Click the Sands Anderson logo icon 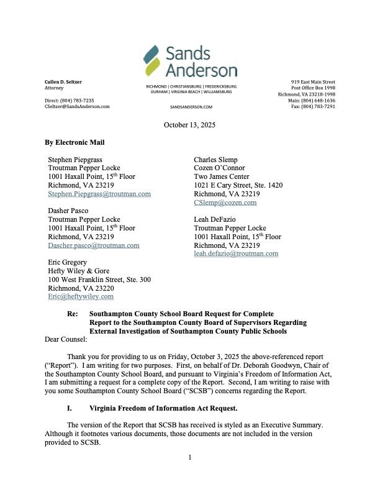click(x=152, y=60)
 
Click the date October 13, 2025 click(x=189, y=125)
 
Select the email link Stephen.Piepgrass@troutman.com click(x=99, y=194)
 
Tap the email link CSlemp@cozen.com click(x=225, y=203)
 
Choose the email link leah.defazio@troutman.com click(x=236, y=253)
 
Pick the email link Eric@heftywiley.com click(x=81, y=297)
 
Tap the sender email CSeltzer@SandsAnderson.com click(x=77, y=106)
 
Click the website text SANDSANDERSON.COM click(x=191, y=107)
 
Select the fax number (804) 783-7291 click(x=318, y=106)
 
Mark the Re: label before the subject click(x=73, y=314)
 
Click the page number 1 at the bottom click(x=190, y=475)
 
